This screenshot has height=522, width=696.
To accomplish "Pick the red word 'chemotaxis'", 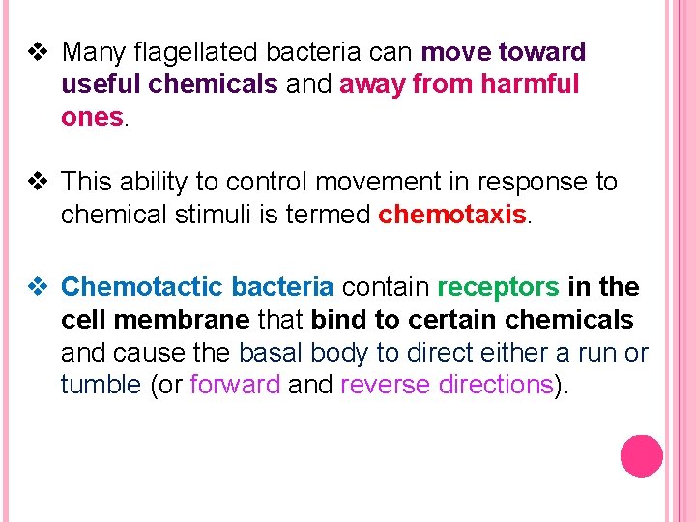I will (452, 214).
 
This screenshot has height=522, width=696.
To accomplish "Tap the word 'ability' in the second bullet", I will (169, 182).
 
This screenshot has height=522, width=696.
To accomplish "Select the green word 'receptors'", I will (498, 287).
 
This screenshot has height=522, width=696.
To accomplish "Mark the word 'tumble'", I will (101, 385).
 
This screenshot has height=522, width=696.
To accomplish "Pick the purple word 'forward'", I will (235, 385).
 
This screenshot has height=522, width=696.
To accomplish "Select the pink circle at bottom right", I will (641, 455).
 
